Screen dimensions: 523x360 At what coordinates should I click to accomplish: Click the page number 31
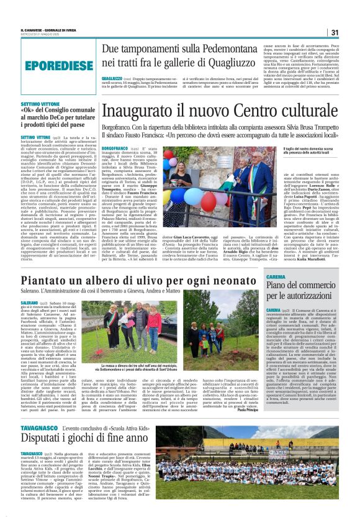click(x=334, y=32)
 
